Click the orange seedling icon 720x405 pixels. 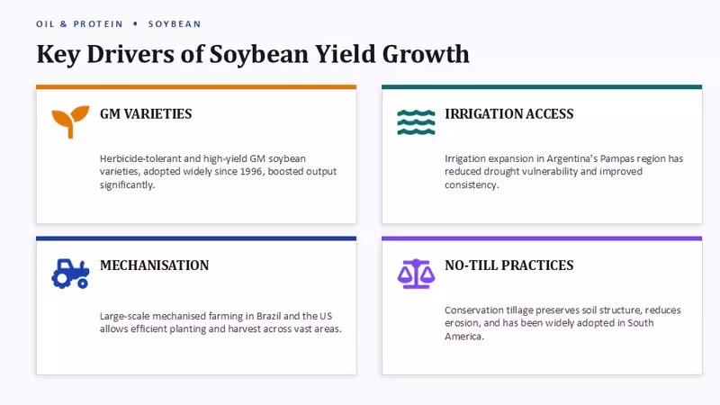coord(70,121)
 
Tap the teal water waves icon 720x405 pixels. coord(416,122)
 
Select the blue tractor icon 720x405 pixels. coord(70,274)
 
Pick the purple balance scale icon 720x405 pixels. coord(416,274)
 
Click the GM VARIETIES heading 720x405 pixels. coord(146,114)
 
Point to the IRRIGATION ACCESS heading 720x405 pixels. coord(509,114)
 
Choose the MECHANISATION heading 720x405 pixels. coord(154,265)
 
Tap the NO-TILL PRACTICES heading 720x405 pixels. coord(509,265)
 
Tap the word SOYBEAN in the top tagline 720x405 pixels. coord(175,24)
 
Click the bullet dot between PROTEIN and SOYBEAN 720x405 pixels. coord(136,23)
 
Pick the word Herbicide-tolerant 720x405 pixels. coord(140,158)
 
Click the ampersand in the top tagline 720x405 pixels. coord(63,24)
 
